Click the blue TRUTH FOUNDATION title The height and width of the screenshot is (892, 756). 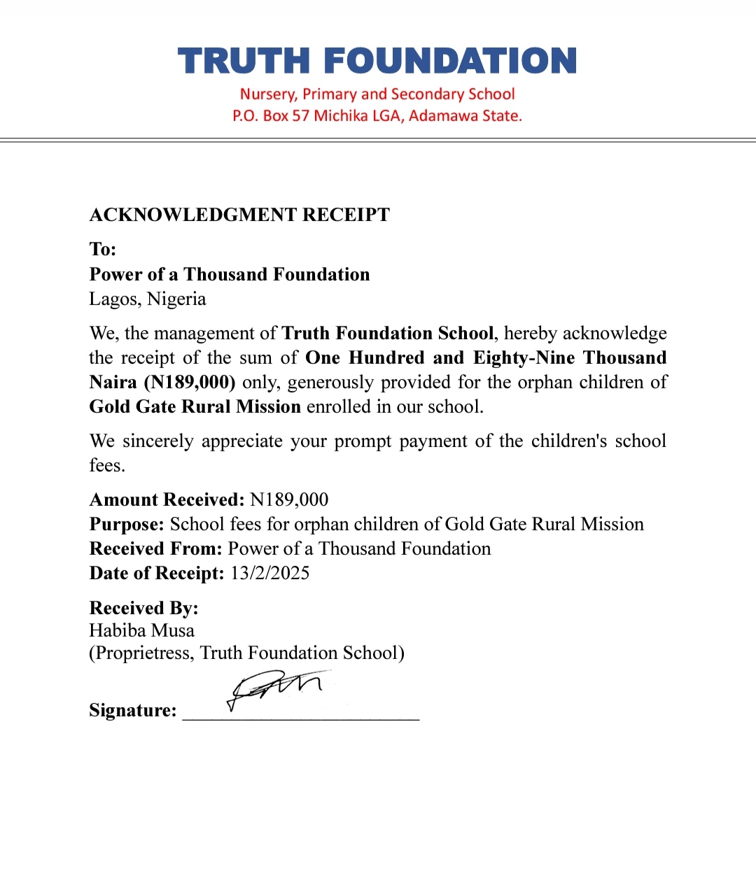[377, 61]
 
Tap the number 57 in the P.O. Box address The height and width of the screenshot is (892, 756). [300, 116]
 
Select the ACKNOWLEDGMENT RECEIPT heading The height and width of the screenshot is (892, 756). [239, 215]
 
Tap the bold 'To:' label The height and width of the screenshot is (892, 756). [103, 249]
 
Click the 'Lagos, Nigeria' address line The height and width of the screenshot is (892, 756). [148, 299]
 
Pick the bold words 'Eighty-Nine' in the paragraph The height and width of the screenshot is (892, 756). [524, 358]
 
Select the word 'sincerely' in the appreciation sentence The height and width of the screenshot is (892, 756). [157, 441]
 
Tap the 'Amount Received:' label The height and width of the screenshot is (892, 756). [167, 500]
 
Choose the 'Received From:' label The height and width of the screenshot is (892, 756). [155, 549]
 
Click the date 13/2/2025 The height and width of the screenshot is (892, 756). [270, 574]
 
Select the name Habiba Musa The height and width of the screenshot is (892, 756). [142, 631]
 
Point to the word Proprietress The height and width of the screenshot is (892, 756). [143, 653]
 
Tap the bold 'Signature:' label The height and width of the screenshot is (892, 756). [133, 711]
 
